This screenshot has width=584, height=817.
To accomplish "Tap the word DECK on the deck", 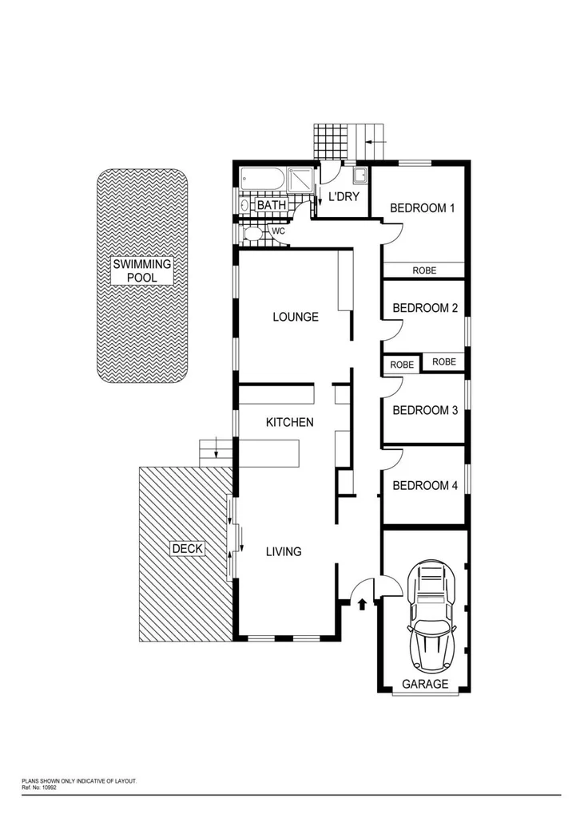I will pos(188,548).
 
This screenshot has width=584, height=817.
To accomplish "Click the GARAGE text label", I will pos(424,684).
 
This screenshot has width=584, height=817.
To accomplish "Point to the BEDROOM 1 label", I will pos(422,208).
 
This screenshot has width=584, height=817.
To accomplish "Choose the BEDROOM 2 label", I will pos(425,308).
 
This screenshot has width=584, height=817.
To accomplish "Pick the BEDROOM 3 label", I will pos(425,410).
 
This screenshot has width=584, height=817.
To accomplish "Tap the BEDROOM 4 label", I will pos(425,485).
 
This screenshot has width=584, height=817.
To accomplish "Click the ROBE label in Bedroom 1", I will pos(424,270).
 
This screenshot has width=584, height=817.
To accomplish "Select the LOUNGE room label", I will pos(295,317).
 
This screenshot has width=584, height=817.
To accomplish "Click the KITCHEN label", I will pos(289,422).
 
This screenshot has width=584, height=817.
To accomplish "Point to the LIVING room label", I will pos(283,551).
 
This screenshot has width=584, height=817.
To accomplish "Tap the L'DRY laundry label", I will pos(343,197).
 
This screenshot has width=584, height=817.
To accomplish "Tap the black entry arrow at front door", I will pos(364,604).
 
